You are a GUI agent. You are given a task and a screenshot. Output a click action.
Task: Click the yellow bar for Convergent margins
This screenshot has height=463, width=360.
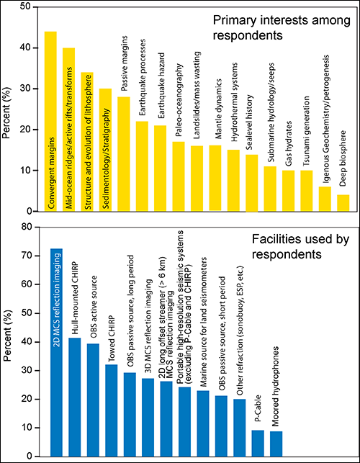[50, 121]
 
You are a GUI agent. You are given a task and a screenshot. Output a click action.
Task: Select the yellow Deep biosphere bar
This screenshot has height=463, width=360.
[343, 203]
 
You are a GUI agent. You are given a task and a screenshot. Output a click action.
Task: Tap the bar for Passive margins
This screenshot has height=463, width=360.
[124, 154]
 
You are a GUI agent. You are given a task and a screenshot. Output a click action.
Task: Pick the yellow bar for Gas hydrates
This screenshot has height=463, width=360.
[288, 191]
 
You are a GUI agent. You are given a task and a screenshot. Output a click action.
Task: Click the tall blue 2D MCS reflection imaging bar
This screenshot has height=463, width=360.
[56, 352]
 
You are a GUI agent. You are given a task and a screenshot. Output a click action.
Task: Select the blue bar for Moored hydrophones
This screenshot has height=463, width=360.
[276, 444]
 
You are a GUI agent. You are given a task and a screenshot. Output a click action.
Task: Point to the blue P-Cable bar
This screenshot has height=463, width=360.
[258, 444]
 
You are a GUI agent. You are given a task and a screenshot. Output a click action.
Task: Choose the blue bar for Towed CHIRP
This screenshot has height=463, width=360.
[112, 410]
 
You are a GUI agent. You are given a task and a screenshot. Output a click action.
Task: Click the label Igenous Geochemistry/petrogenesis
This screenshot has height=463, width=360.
[325, 118]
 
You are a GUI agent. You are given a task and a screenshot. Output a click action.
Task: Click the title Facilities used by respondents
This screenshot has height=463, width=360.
[300, 246]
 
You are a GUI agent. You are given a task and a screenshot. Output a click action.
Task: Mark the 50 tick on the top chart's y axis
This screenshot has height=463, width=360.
[36, 6]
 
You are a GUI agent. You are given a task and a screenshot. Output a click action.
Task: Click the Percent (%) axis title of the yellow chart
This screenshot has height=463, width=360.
[6, 112]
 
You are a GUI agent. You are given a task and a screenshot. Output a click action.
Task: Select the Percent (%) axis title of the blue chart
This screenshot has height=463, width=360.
[8, 336]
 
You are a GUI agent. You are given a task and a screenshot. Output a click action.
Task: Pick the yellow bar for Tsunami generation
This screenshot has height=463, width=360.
[307, 191]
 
